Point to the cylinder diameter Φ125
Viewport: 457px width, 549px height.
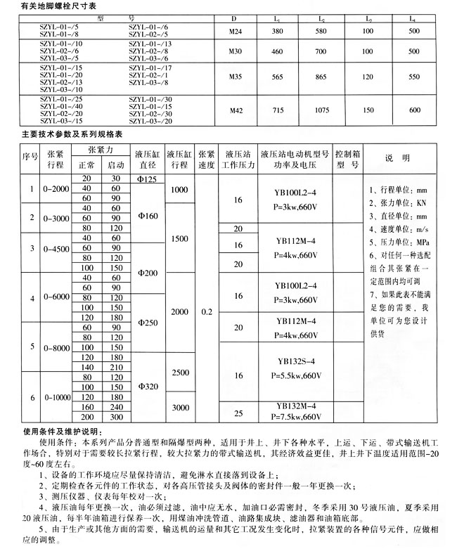(x=148, y=180)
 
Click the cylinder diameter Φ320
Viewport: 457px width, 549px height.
(x=148, y=387)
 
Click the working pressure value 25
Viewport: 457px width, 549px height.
(x=238, y=412)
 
